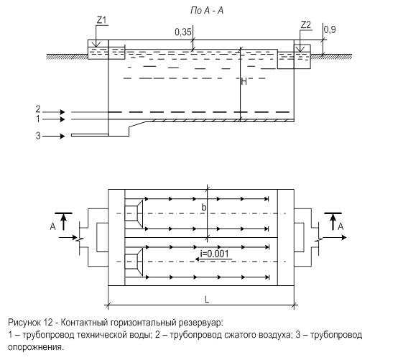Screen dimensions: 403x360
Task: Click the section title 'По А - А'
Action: pyautogui.click(x=207, y=11)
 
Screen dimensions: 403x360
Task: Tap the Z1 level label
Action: pyautogui.click(x=101, y=20)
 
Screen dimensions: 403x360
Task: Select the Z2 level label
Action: pyautogui.click(x=306, y=25)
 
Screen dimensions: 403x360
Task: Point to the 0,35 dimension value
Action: pyautogui.click(x=183, y=32)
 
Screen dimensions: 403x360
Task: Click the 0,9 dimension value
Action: pyautogui.click(x=330, y=30)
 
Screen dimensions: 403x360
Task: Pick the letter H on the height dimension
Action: pyautogui.click(x=244, y=82)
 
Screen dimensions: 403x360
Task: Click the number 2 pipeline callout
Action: pyautogui.click(x=38, y=109)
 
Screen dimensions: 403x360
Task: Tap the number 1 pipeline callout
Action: pyautogui.click(x=38, y=119)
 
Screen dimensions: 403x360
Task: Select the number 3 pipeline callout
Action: pyautogui.click(x=38, y=136)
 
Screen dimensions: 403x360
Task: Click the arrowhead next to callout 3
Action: pyautogui.click(x=62, y=136)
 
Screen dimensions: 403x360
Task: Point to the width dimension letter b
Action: pyautogui.click(x=204, y=207)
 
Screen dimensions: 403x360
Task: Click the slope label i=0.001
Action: pyautogui.click(x=214, y=254)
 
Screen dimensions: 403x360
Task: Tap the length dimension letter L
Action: pyautogui.click(x=207, y=300)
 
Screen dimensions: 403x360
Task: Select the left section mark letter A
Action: pyautogui.click(x=52, y=226)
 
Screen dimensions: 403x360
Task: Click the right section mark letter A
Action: pyautogui.click(x=341, y=226)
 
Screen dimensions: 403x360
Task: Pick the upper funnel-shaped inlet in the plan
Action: pyautogui.click(x=134, y=213)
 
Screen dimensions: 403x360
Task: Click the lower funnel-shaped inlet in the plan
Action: pyautogui.click(x=134, y=262)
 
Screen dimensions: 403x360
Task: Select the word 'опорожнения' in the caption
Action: pyautogui.click(x=35, y=347)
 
